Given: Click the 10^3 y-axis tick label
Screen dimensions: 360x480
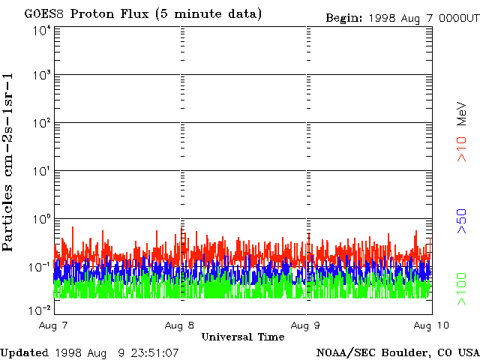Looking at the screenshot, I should [x=41, y=76].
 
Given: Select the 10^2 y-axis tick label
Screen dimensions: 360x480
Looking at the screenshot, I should [x=41, y=124].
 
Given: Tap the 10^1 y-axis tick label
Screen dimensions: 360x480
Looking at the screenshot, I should [x=41, y=172].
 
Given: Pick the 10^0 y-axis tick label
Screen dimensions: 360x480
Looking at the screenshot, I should [x=41, y=220].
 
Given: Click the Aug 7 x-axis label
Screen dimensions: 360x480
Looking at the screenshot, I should [x=55, y=326].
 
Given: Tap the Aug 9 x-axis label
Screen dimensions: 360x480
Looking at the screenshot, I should [x=306, y=326].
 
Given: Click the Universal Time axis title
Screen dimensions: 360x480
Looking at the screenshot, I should [x=242, y=337].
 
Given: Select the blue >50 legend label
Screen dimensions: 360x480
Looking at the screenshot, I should [x=463, y=222].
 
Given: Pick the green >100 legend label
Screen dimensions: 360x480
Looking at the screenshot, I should [x=463, y=289].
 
